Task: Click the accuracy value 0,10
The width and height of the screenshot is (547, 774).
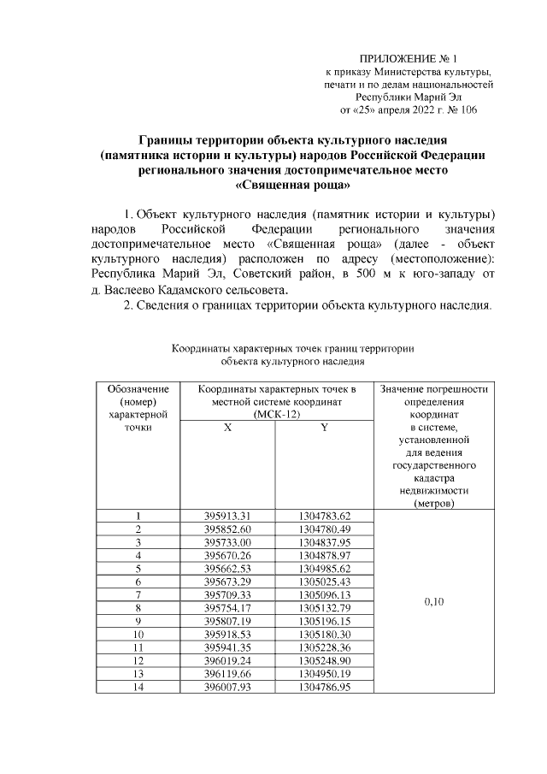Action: click(434, 601)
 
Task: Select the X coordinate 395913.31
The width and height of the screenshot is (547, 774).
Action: click(227, 517)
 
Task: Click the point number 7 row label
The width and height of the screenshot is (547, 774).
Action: click(138, 594)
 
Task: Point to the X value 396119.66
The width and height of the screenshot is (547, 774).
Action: click(227, 672)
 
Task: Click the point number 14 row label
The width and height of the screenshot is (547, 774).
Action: click(138, 686)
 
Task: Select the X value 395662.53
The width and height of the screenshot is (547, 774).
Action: click(227, 569)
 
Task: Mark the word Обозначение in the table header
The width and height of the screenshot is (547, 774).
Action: click(138, 388)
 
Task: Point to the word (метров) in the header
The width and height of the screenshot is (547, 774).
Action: click(434, 504)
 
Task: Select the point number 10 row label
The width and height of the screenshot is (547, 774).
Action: click(138, 634)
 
